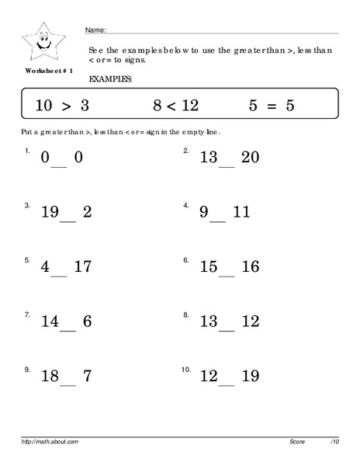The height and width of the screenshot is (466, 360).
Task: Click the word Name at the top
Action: pos(95,30)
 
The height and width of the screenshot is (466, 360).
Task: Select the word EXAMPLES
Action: pos(111,79)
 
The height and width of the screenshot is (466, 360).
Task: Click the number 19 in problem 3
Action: pos(50,212)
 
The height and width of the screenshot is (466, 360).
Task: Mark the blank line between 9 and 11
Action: pos(217,218)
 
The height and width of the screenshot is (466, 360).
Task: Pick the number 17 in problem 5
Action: pos(82,266)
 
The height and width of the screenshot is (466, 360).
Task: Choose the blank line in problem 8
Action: pos(227,327)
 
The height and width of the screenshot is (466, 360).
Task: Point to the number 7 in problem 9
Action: pos(87,377)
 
